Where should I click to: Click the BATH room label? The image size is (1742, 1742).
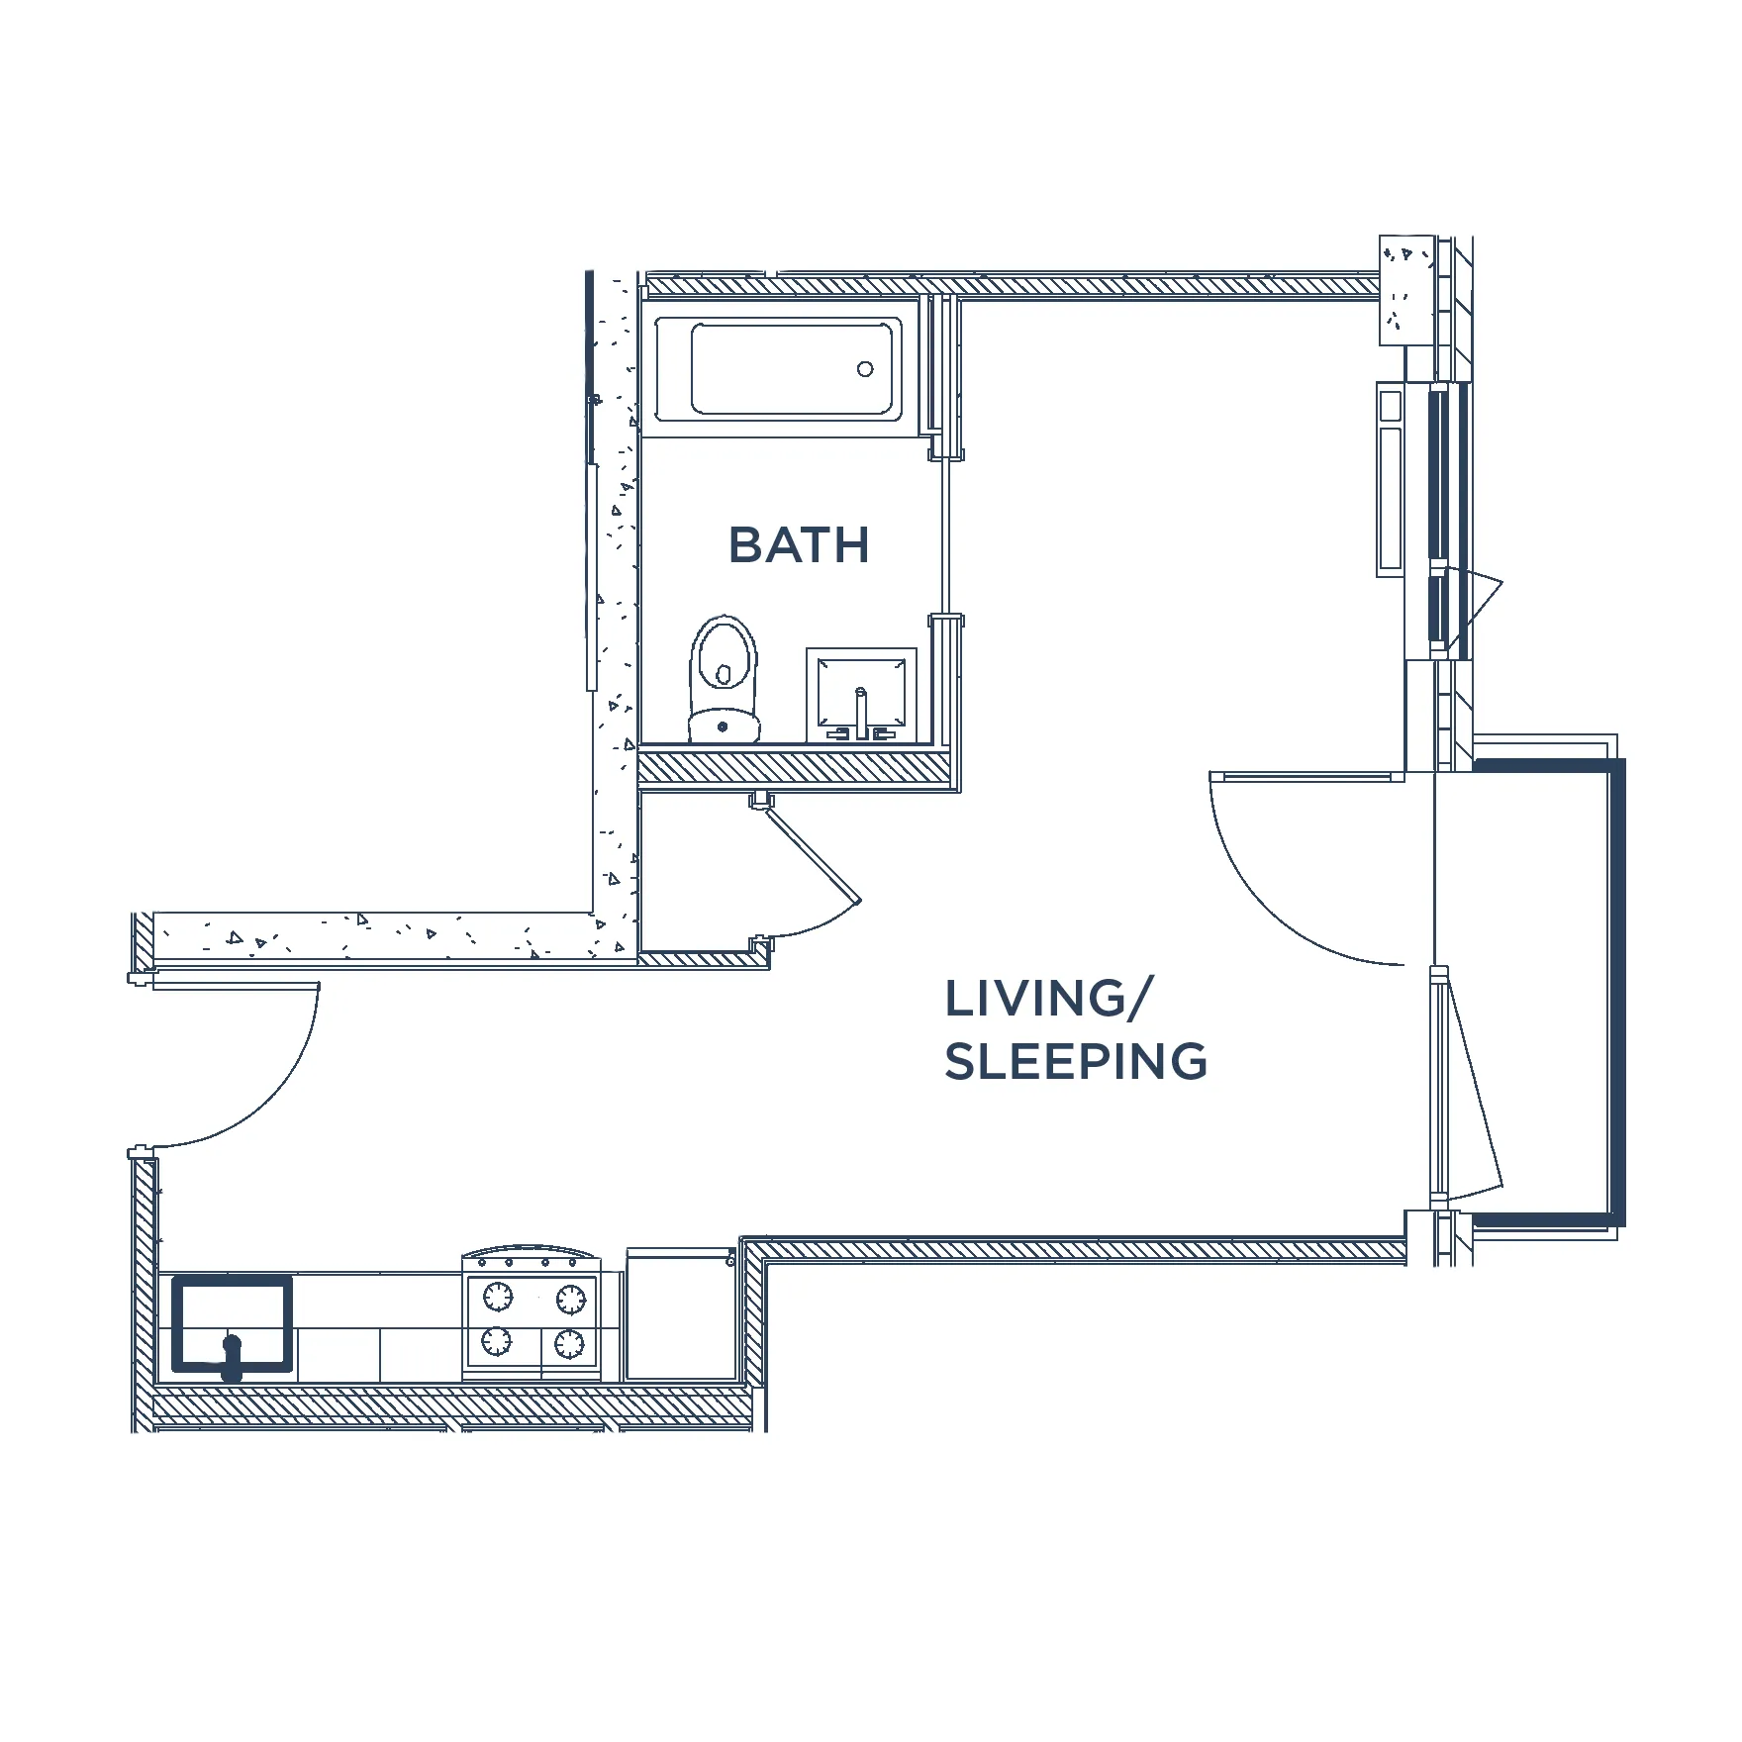[x=799, y=545]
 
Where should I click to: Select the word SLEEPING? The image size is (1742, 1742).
[x=1076, y=1061]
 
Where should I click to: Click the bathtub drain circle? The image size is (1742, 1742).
[x=865, y=369]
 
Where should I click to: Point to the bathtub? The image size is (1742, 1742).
[x=778, y=369]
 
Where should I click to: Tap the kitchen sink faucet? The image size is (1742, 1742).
[x=232, y=1357]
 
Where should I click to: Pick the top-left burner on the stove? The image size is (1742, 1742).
[x=497, y=1296]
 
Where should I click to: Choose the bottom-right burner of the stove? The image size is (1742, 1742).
[x=569, y=1343]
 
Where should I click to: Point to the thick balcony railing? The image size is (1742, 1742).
[x=1615, y=990]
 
